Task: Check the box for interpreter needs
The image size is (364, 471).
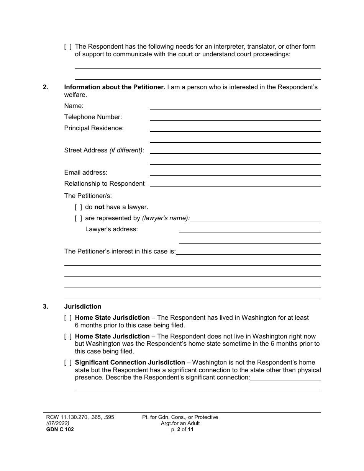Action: coord(68,47)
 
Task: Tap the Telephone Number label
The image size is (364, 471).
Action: coord(93,117)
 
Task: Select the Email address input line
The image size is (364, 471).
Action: coord(235,173)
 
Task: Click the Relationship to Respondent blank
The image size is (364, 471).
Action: coord(235,184)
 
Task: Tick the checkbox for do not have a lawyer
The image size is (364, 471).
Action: coord(78,207)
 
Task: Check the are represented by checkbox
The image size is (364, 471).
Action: coord(78,218)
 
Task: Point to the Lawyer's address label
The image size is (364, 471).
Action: coord(111,229)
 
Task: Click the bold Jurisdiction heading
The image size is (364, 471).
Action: coord(83,307)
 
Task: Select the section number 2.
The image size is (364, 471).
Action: coord(46,87)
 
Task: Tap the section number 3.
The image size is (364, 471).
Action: coord(46,307)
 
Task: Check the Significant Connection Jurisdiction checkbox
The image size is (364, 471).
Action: coord(68,363)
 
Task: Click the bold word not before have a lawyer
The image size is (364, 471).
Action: coord(99,207)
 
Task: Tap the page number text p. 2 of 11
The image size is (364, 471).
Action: coord(180,429)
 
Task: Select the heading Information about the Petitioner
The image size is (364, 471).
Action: coord(115,87)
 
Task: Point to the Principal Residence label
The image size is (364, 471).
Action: coord(94,128)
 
